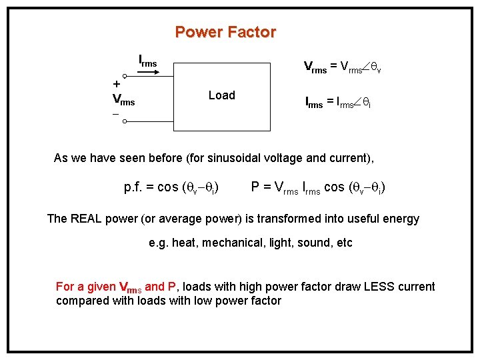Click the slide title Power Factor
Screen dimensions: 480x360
225,32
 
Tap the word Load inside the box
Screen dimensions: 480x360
221,95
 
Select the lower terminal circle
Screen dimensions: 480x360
125,121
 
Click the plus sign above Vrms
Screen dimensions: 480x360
117,85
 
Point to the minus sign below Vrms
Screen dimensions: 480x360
115,115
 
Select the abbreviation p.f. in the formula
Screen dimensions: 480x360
137,187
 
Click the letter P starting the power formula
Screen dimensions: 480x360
255,187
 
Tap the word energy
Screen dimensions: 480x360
399,219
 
